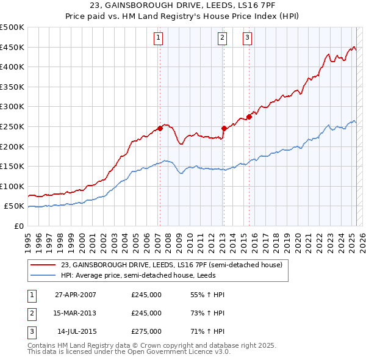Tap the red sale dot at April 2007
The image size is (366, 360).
[x=160, y=128]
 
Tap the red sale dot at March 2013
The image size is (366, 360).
[x=224, y=128]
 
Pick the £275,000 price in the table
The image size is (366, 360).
[x=146, y=331]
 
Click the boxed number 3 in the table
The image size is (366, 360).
[x=30, y=331]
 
